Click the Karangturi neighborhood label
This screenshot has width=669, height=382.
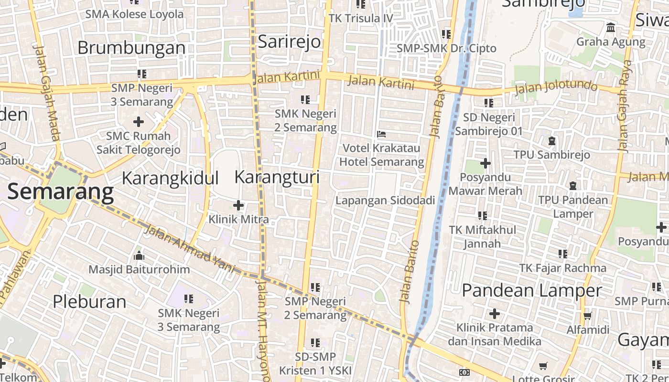[x=277, y=177]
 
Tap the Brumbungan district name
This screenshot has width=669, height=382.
[x=131, y=48]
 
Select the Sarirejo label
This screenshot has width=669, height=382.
[x=289, y=42]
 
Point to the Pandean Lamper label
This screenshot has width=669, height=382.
[x=532, y=290]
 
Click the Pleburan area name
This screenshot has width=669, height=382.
[x=89, y=302]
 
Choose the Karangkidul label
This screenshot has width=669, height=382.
[x=170, y=178]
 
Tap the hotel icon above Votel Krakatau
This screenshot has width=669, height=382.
[x=381, y=134]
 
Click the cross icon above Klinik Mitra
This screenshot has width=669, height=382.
[x=238, y=206]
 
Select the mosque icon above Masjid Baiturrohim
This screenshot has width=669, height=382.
[x=139, y=256]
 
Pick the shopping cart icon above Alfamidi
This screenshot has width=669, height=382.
[x=587, y=316]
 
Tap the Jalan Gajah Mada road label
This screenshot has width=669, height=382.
[x=47, y=93]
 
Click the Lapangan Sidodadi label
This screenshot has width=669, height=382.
[x=385, y=201]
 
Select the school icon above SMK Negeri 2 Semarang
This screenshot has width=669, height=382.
[x=305, y=100]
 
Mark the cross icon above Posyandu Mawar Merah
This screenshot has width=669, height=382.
[x=485, y=164]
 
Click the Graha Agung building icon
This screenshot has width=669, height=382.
[x=611, y=28]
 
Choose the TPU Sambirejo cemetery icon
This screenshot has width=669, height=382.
[x=552, y=141]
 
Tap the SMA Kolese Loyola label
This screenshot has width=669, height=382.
[x=134, y=14]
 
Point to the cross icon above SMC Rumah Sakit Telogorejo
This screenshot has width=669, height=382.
[x=139, y=122]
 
